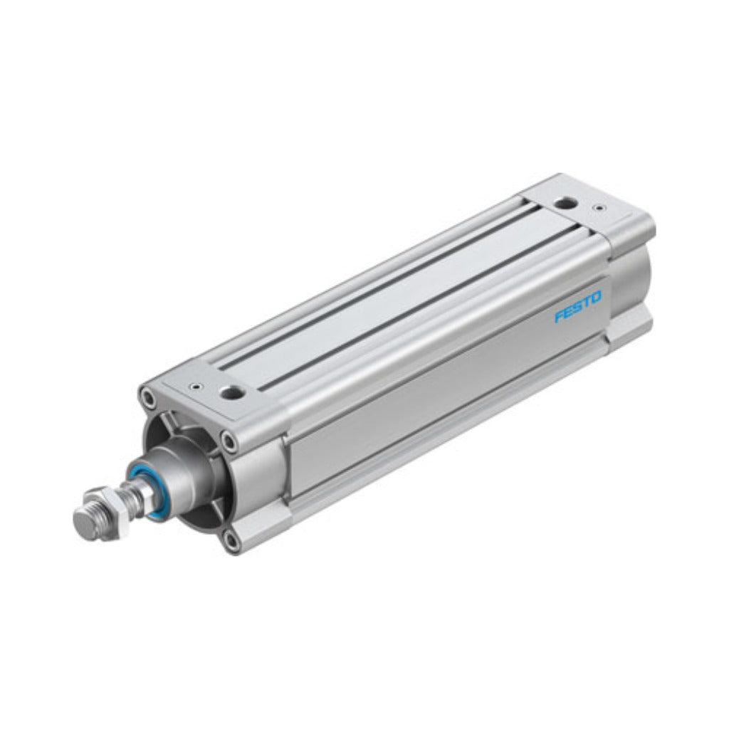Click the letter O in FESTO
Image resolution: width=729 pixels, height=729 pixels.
tap(596, 297)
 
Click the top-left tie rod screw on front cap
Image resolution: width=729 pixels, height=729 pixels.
tap(149, 398)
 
